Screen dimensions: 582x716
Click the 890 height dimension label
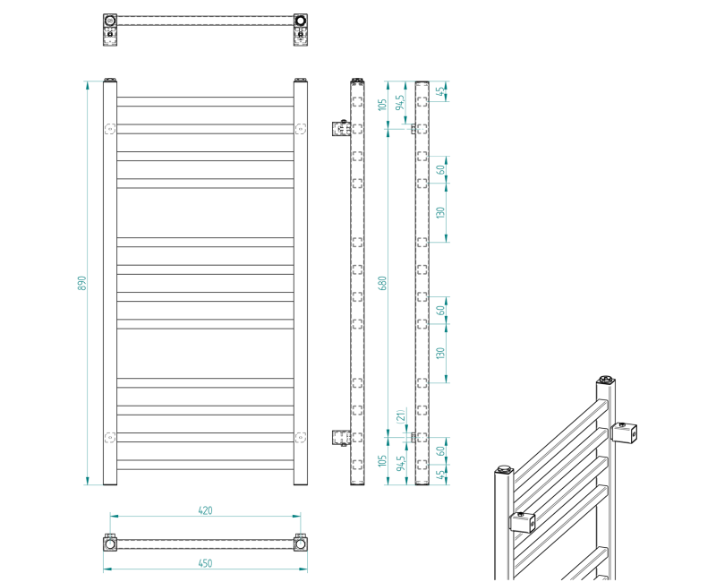pos(80,283)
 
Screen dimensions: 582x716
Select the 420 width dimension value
pos(205,510)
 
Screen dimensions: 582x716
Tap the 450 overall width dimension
pos(205,563)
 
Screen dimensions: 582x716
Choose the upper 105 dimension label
pos(381,106)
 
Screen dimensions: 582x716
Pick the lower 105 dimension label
pos(381,461)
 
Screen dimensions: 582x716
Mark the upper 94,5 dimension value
pos(402,102)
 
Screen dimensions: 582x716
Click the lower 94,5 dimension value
pos(402,463)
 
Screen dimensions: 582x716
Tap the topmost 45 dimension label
pos(439,90)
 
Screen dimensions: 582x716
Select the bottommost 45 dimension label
pos(439,475)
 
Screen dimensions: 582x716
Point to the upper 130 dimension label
pos(439,212)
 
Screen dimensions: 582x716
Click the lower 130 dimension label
pos(439,353)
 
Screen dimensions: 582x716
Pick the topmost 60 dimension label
pos(439,169)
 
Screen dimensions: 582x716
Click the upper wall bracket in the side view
pos(341,129)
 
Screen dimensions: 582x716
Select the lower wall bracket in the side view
pos(341,437)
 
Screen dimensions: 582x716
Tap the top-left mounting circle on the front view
pos(110,127)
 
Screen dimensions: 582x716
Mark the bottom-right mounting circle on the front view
pos(300,437)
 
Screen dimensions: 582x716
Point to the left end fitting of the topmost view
pos(109,20)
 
